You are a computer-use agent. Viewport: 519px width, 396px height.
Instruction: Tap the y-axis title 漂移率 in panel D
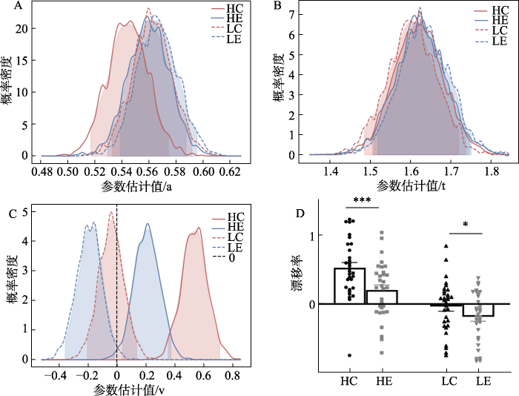(x=298, y=288)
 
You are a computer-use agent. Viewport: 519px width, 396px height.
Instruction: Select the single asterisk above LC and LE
(x=464, y=225)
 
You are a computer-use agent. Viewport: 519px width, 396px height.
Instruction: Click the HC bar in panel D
(x=349, y=286)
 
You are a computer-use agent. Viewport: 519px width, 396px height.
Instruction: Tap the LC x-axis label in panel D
(x=448, y=380)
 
